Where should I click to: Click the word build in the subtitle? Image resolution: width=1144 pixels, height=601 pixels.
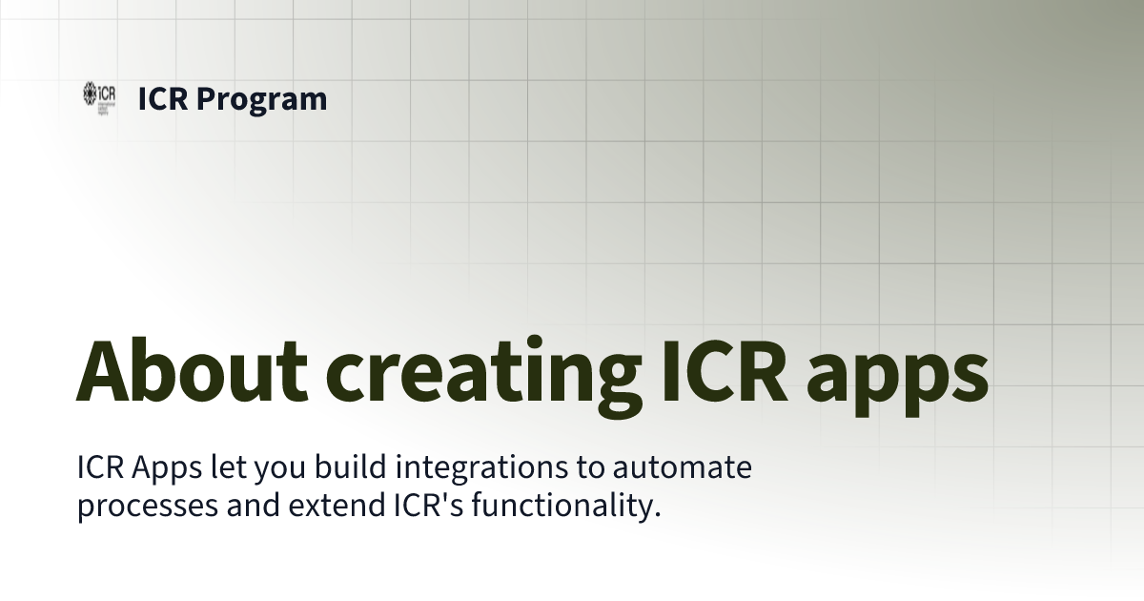(x=353, y=468)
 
